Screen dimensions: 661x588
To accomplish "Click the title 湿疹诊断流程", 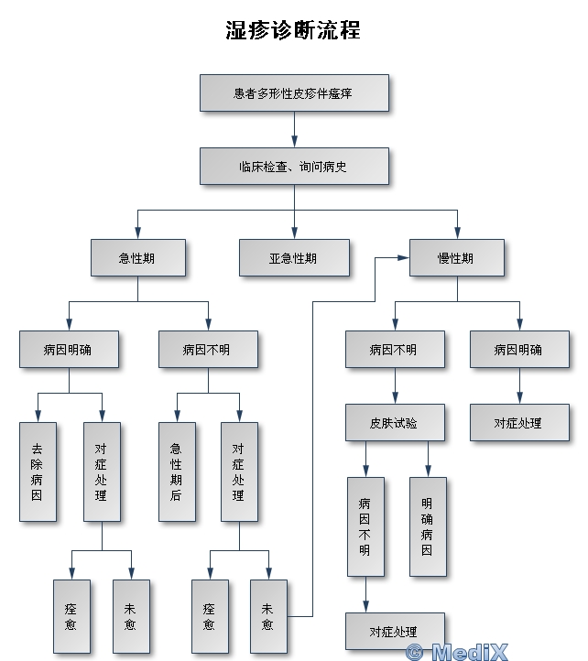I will tap(293, 30).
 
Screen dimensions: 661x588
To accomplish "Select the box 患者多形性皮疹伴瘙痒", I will tap(294, 93).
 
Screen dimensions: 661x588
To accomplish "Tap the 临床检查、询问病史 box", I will tap(294, 167).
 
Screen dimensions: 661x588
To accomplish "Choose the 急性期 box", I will tap(137, 258).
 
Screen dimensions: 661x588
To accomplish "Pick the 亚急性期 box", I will tap(294, 258).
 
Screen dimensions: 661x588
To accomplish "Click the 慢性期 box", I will tap(456, 258).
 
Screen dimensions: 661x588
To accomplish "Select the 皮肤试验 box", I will tap(395, 423).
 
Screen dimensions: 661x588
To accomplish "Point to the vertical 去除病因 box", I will tap(38, 471).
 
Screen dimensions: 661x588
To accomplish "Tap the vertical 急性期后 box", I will tap(176, 471).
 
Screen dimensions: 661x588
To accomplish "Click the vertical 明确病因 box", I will tap(428, 526).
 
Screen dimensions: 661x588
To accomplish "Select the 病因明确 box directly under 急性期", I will tap(69, 350).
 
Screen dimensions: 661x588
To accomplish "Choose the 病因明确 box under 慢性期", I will tap(518, 350).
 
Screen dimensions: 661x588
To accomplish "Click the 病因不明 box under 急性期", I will tap(207, 350).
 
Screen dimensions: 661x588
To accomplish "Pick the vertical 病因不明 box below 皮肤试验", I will tap(365, 526).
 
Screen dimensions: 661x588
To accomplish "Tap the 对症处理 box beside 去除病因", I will tap(102, 471).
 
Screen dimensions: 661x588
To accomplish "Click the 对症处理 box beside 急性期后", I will tap(239, 471).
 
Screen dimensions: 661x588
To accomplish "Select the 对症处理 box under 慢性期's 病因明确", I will tap(518, 423).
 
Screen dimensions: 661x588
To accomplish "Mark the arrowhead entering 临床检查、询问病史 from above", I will tap(294, 143).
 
